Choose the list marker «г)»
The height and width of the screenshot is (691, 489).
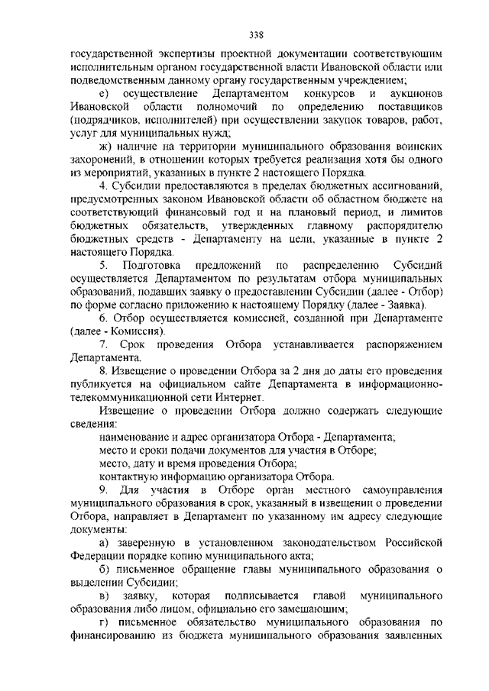pyautogui.click(x=105, y=623)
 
